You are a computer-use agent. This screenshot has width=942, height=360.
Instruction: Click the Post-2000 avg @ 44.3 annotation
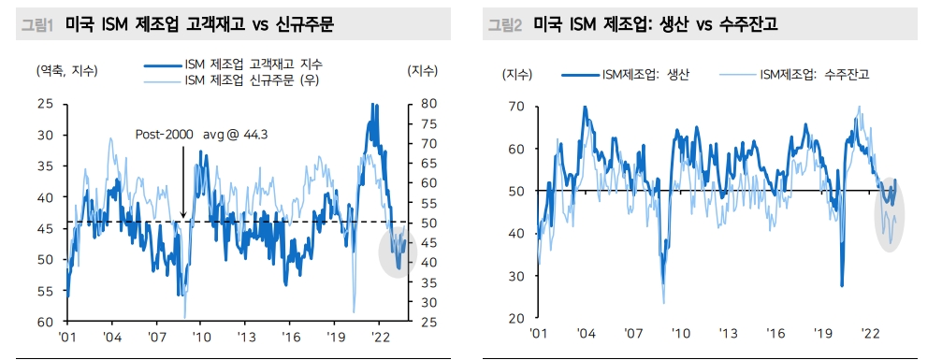(202, 135)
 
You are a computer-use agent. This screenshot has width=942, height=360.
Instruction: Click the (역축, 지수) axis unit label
(66, 71)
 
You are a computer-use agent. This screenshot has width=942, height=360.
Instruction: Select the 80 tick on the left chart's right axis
(417, 104)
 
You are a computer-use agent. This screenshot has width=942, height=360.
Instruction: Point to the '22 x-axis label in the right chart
(870, 333)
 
